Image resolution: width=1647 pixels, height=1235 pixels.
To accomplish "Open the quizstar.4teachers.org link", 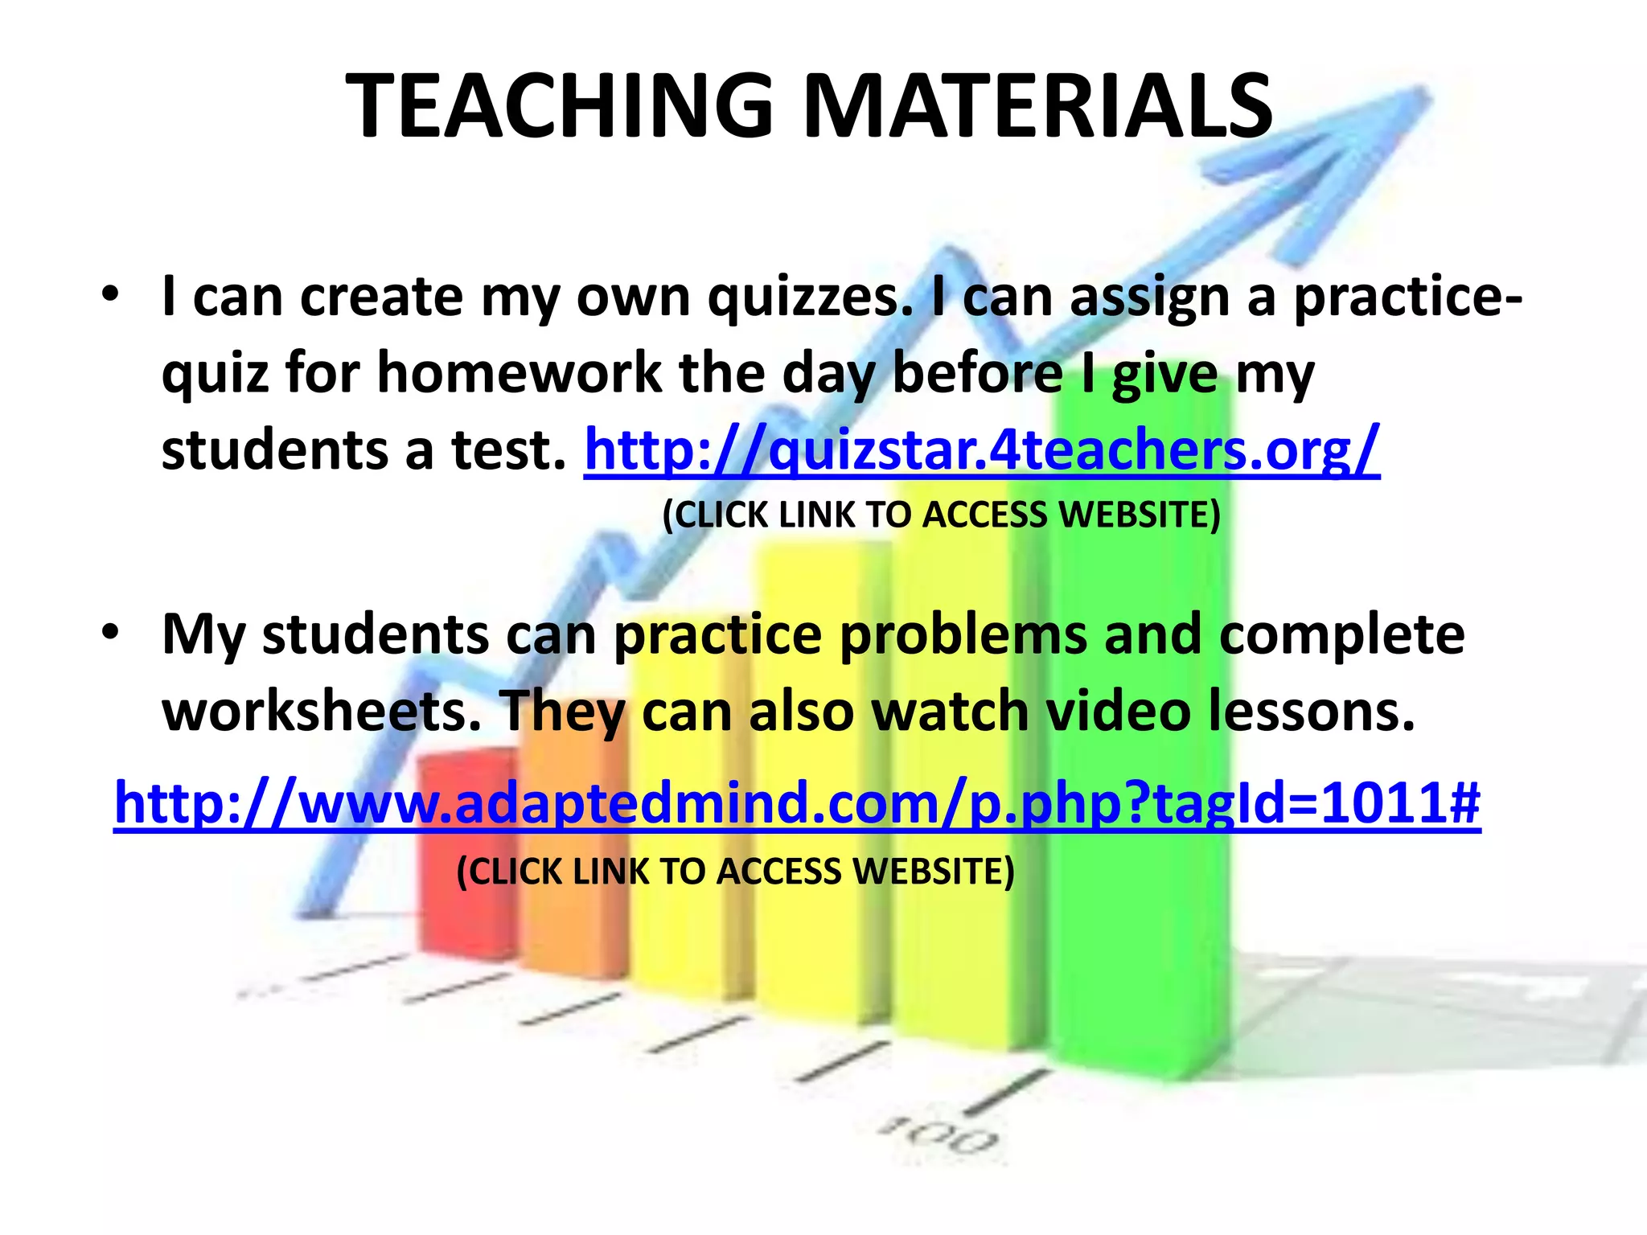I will tap(981, 450).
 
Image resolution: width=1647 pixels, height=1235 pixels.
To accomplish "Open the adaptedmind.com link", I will tap(796, 804).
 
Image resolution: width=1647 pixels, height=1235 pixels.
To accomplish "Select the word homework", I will tap(518, 374).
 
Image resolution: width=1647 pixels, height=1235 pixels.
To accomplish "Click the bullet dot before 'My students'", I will tap(110, 632).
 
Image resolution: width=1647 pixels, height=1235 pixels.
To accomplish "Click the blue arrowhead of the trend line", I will tap(1367, 161).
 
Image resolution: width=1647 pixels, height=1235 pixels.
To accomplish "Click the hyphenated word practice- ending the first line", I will tap(1407, 297).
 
